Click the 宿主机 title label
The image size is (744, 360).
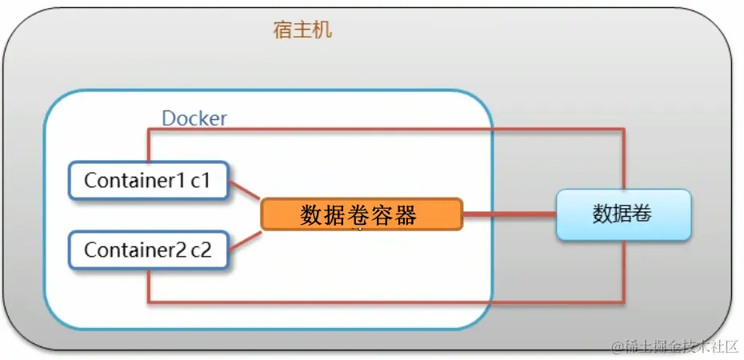point(302,31)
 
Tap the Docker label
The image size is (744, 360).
point(194,118)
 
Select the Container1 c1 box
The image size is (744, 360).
point(148,181)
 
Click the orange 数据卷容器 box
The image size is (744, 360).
point(361,214)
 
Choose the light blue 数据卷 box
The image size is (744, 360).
point(623,214)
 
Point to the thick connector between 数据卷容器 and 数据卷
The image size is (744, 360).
point(509,214)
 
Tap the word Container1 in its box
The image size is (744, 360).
point(134,181)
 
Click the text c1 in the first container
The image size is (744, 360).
point(200,181)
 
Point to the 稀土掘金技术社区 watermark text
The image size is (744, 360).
point(680,346)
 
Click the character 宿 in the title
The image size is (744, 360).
point(282,31)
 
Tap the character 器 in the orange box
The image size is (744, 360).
point(406,214)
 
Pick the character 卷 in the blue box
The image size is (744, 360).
point(642,214)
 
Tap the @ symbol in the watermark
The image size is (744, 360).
point(618,346)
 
